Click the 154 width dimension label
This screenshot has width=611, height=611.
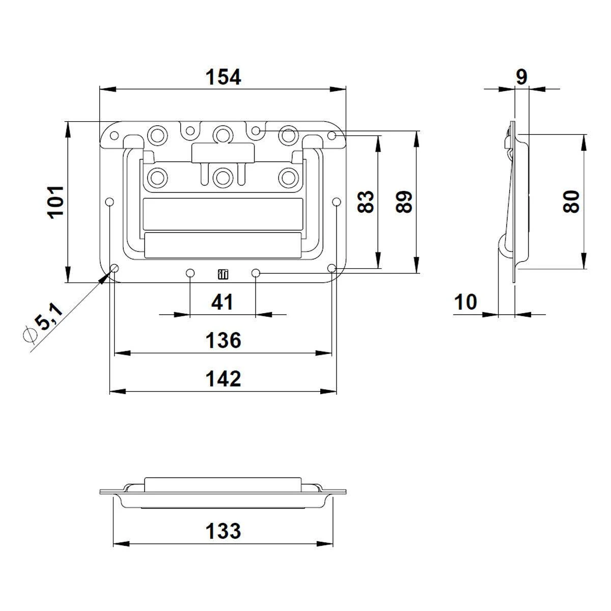[x=223, y=77]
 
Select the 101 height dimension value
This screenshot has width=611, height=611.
[x=55, y=202]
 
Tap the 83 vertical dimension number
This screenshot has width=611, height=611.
[x=365, y=202]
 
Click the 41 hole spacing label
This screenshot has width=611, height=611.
[x=223, y=302]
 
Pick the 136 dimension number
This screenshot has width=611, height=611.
[x=223, y=340]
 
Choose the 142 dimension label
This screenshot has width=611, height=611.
[x=223, y=379]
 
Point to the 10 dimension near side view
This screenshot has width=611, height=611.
[x=465, y=302]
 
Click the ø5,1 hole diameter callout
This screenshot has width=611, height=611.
[x=43, y=323]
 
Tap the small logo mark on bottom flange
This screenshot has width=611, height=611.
[x=223, y=274]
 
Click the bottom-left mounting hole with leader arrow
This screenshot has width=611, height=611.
[x=114, y=268]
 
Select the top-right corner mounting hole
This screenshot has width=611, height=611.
[x=332, y=136]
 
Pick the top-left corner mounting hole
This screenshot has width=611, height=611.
[x=114, y=136]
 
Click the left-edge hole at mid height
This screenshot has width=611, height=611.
[x=109, y=202]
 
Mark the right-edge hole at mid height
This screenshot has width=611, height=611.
[x=337, y=202]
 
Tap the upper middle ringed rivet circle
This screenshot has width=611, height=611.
[x=223, y=134]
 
